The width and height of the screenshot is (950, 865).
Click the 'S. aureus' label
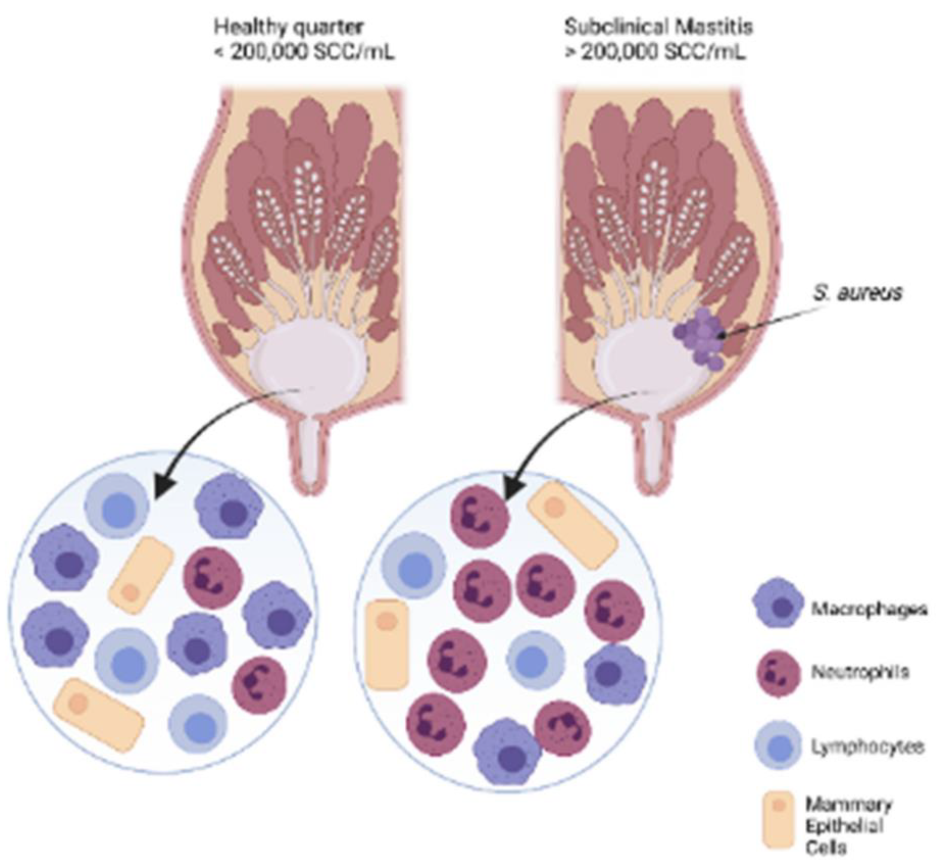click(857, 292)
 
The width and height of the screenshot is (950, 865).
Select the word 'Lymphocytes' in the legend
click(867, 746)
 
